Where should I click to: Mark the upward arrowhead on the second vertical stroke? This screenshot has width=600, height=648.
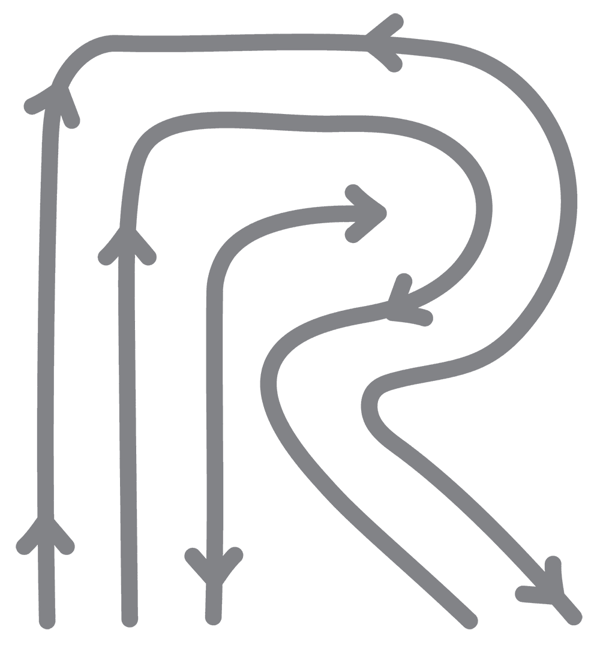(127, 237)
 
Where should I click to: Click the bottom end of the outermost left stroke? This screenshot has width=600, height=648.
(47, 622)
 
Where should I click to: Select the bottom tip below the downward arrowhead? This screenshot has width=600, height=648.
(212, 618)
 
